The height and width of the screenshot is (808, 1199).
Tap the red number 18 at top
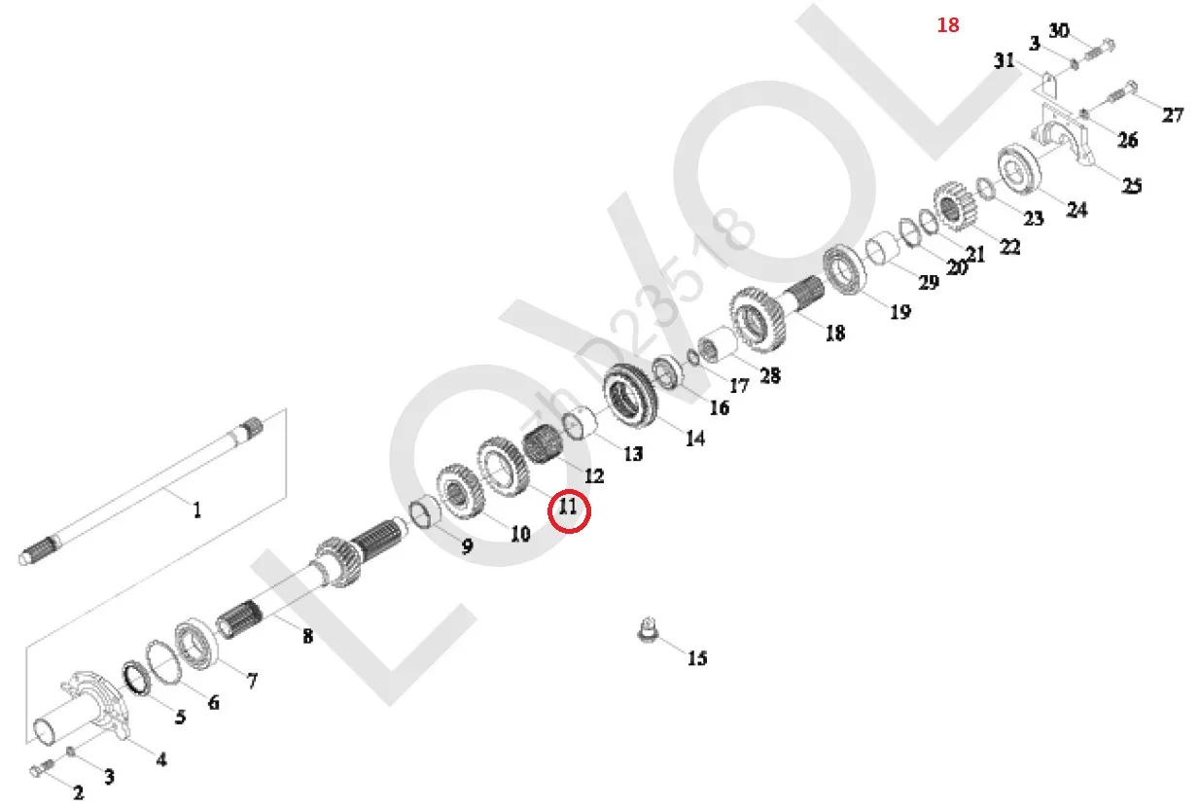click(948, 25)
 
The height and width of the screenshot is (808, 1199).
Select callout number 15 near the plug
click(697, 657)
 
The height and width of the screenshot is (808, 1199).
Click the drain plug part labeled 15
click(648, 629)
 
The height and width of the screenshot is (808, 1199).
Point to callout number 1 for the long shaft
click(197, 509)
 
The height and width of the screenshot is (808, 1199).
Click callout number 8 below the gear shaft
click(308, 636)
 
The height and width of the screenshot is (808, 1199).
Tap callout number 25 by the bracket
click(1132, 185)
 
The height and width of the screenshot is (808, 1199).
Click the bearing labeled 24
click(1019, 169)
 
